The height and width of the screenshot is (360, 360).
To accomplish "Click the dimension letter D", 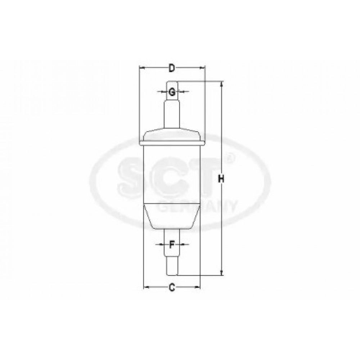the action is click(172, 68).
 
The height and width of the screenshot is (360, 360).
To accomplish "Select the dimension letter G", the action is click(172, 92).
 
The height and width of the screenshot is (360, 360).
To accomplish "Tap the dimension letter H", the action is click(221, 179).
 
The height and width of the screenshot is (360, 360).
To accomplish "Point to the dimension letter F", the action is click(171, 245).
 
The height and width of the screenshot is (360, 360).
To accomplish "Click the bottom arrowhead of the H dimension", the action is click(221, 272).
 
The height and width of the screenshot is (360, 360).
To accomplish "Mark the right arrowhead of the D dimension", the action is click(202, 68).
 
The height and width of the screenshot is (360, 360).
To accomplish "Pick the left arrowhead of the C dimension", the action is click(147, 287).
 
